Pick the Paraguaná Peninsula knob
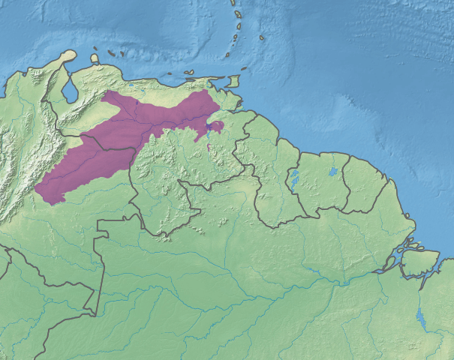pyautogui.click(x=68, y=55)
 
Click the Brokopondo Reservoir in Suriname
pyautogui.click(x=333, y=172)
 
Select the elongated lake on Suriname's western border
pyautogui.click(x=293, y=179)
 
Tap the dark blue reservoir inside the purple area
pyautogui.click(x=207, y=135)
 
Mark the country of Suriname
pyautogui.click(x=323, y=187)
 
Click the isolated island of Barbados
pyautogui.click(x=263, y=37)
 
